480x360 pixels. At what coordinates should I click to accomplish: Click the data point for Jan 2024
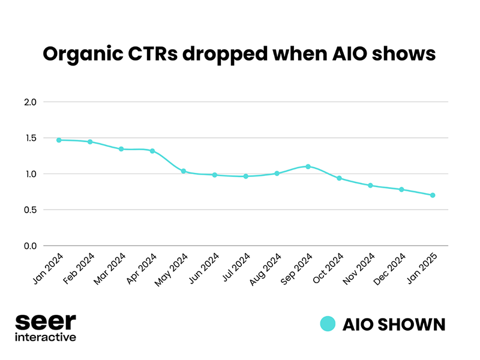click(x=59, y=140)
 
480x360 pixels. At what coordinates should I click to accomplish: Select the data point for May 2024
click(x=184, y=172)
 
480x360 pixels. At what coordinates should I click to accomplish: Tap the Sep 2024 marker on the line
click(x=308, y=166)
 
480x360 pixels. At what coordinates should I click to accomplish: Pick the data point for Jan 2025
click(x=433, y=195)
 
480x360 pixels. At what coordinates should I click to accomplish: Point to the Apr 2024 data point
click(x=152, y=151)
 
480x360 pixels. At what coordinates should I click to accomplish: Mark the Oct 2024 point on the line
click(x=339, y=178)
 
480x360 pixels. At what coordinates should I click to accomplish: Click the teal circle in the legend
click(x=327, y=325)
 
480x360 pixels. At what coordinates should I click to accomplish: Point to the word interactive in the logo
click(x=46, y=337)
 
